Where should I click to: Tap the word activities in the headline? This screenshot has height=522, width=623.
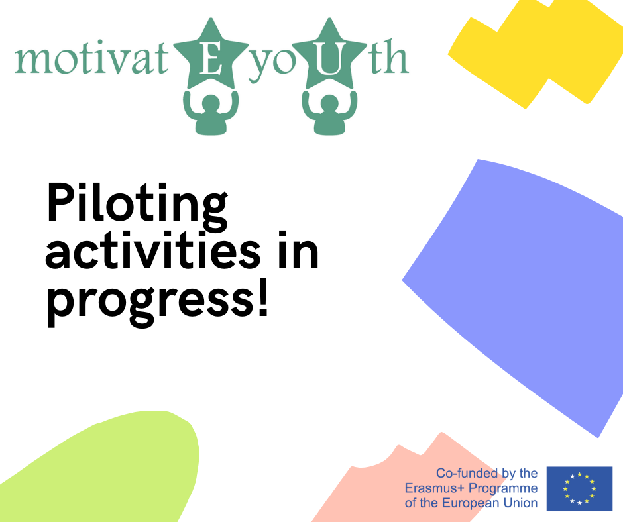pyautogui.click(x=153, y=250)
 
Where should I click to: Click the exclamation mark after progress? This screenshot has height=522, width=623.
pyautogui.click(x=263, y=297)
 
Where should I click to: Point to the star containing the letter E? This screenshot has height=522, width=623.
pyautogui.click(x=211, y=56)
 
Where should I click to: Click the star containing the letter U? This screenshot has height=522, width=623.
pyautogui.click(x=329, y=56)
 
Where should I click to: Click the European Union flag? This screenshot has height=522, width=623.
pyautogui.click(x=579, y=489)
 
